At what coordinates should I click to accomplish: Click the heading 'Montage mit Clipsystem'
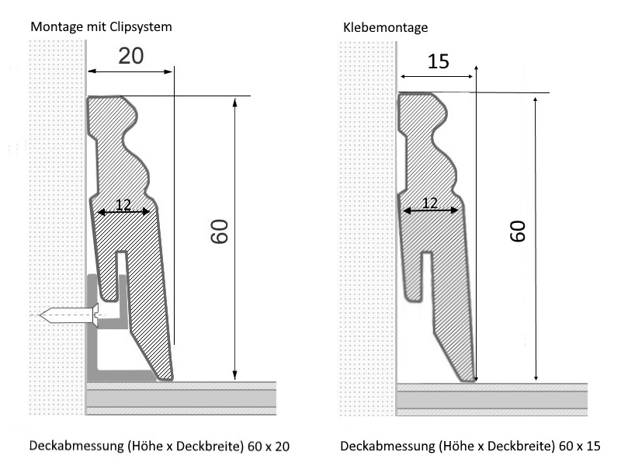pos(101,27)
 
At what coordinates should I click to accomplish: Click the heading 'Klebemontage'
pos(386,27)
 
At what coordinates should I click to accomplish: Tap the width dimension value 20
pos(131,55)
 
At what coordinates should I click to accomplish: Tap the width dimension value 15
pos(438,61)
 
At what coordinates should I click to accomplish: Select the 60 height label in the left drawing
pos(220,231)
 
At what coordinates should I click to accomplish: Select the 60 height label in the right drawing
pos(518,231)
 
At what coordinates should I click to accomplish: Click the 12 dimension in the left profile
pos(123,204)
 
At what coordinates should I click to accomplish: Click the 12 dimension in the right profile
pos(429,203)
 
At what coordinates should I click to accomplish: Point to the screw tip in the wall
pos(43,315)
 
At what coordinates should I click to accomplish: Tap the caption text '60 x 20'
pos(272,447)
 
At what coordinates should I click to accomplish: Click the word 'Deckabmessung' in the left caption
pos(69,447)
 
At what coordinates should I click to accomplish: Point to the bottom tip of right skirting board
pos(470,380)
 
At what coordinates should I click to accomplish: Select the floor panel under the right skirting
pos(491,398)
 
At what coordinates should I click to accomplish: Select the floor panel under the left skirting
pos(181,398)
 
